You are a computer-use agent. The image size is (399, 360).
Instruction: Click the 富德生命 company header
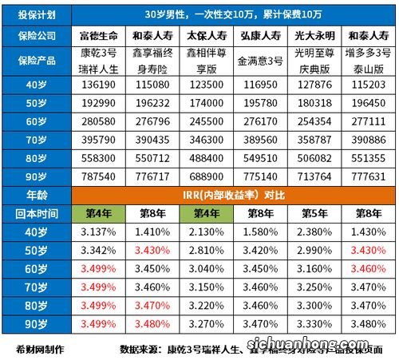pyautogui.click(x=98, y=37)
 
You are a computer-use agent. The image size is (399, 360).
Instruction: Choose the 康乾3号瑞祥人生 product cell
pyautogui.click(x=98, y=60)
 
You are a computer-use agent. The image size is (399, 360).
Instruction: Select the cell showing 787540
pyautogui.click(x=98, y=173)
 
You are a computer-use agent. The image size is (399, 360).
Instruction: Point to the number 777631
pyautogui.click(x=367, y=173)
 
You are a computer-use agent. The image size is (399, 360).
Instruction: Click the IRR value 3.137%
pyautogui.click(x=98, y=232)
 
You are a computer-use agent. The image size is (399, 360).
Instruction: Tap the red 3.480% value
pyautogui.click(x=152, y=325)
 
